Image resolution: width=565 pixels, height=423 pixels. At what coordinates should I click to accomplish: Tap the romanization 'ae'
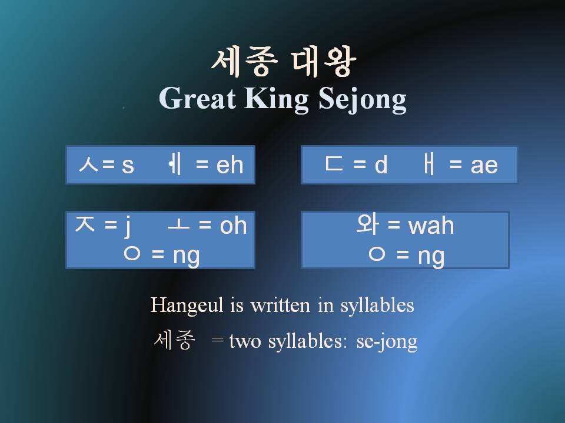coord(484,166)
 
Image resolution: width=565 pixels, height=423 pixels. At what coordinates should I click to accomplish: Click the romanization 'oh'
coord(233,226)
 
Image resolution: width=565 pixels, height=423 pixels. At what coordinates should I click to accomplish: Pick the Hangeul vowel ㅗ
coord(178,226)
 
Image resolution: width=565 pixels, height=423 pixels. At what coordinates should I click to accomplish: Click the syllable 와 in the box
coord(368,225)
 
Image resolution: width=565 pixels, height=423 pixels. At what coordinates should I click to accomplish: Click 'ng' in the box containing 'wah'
coord(431,256)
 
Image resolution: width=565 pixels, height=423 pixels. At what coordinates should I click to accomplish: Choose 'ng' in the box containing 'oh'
coord(186,256)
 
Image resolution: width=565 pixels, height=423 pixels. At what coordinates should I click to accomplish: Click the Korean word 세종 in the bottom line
coord(172,341)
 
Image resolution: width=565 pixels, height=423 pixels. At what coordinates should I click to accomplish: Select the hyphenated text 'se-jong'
coord(387,342)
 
